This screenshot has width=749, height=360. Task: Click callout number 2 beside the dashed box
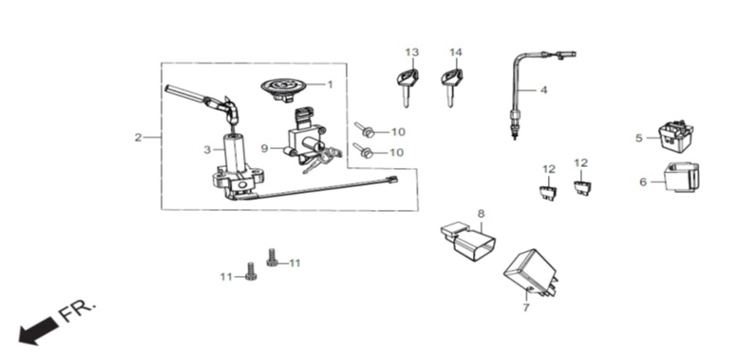(x=138, y=138)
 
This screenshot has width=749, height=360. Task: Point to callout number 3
(x=206, y=150)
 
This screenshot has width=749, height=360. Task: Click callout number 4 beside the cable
(x=543, y=89)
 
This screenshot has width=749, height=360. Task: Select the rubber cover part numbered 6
(x=682, y=177)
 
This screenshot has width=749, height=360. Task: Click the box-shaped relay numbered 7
(x=530, y=273)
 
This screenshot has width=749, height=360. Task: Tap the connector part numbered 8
(x=468, y=241)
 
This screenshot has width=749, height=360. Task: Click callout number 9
(x=265, y=148)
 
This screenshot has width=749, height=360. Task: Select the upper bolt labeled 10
(x=364, y=129)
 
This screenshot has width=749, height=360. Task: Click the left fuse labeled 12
(x=549, y=192)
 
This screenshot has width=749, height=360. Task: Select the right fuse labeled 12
(x=581, y=188)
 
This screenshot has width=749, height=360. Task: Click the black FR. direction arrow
(x=38, y=331)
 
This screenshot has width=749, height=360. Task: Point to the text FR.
(x=78, y=310)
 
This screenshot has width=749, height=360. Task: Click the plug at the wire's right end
(x=391, y=180)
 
